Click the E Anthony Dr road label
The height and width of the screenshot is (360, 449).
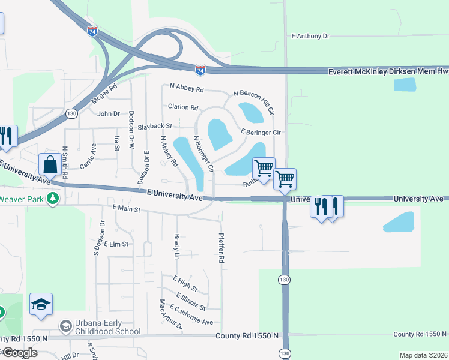pos(310,36)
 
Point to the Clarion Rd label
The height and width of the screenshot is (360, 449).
pos(183,107)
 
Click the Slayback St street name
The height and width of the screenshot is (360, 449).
pos(155,127)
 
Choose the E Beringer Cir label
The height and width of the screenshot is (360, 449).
pos(261,132)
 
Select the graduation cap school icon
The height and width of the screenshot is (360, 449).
pos(41,304)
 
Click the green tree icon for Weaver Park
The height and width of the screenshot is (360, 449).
pos(53,198)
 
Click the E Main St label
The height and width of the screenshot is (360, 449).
pos(126,209)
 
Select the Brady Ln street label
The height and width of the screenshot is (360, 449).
pos(176,247)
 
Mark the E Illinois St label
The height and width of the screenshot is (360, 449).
pos(191,302)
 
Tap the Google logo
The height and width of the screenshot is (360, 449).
pos(19,353)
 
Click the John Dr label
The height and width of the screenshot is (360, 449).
pos(109,113)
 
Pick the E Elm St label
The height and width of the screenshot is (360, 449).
pos(116,244)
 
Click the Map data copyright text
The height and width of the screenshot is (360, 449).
pos(423,355)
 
